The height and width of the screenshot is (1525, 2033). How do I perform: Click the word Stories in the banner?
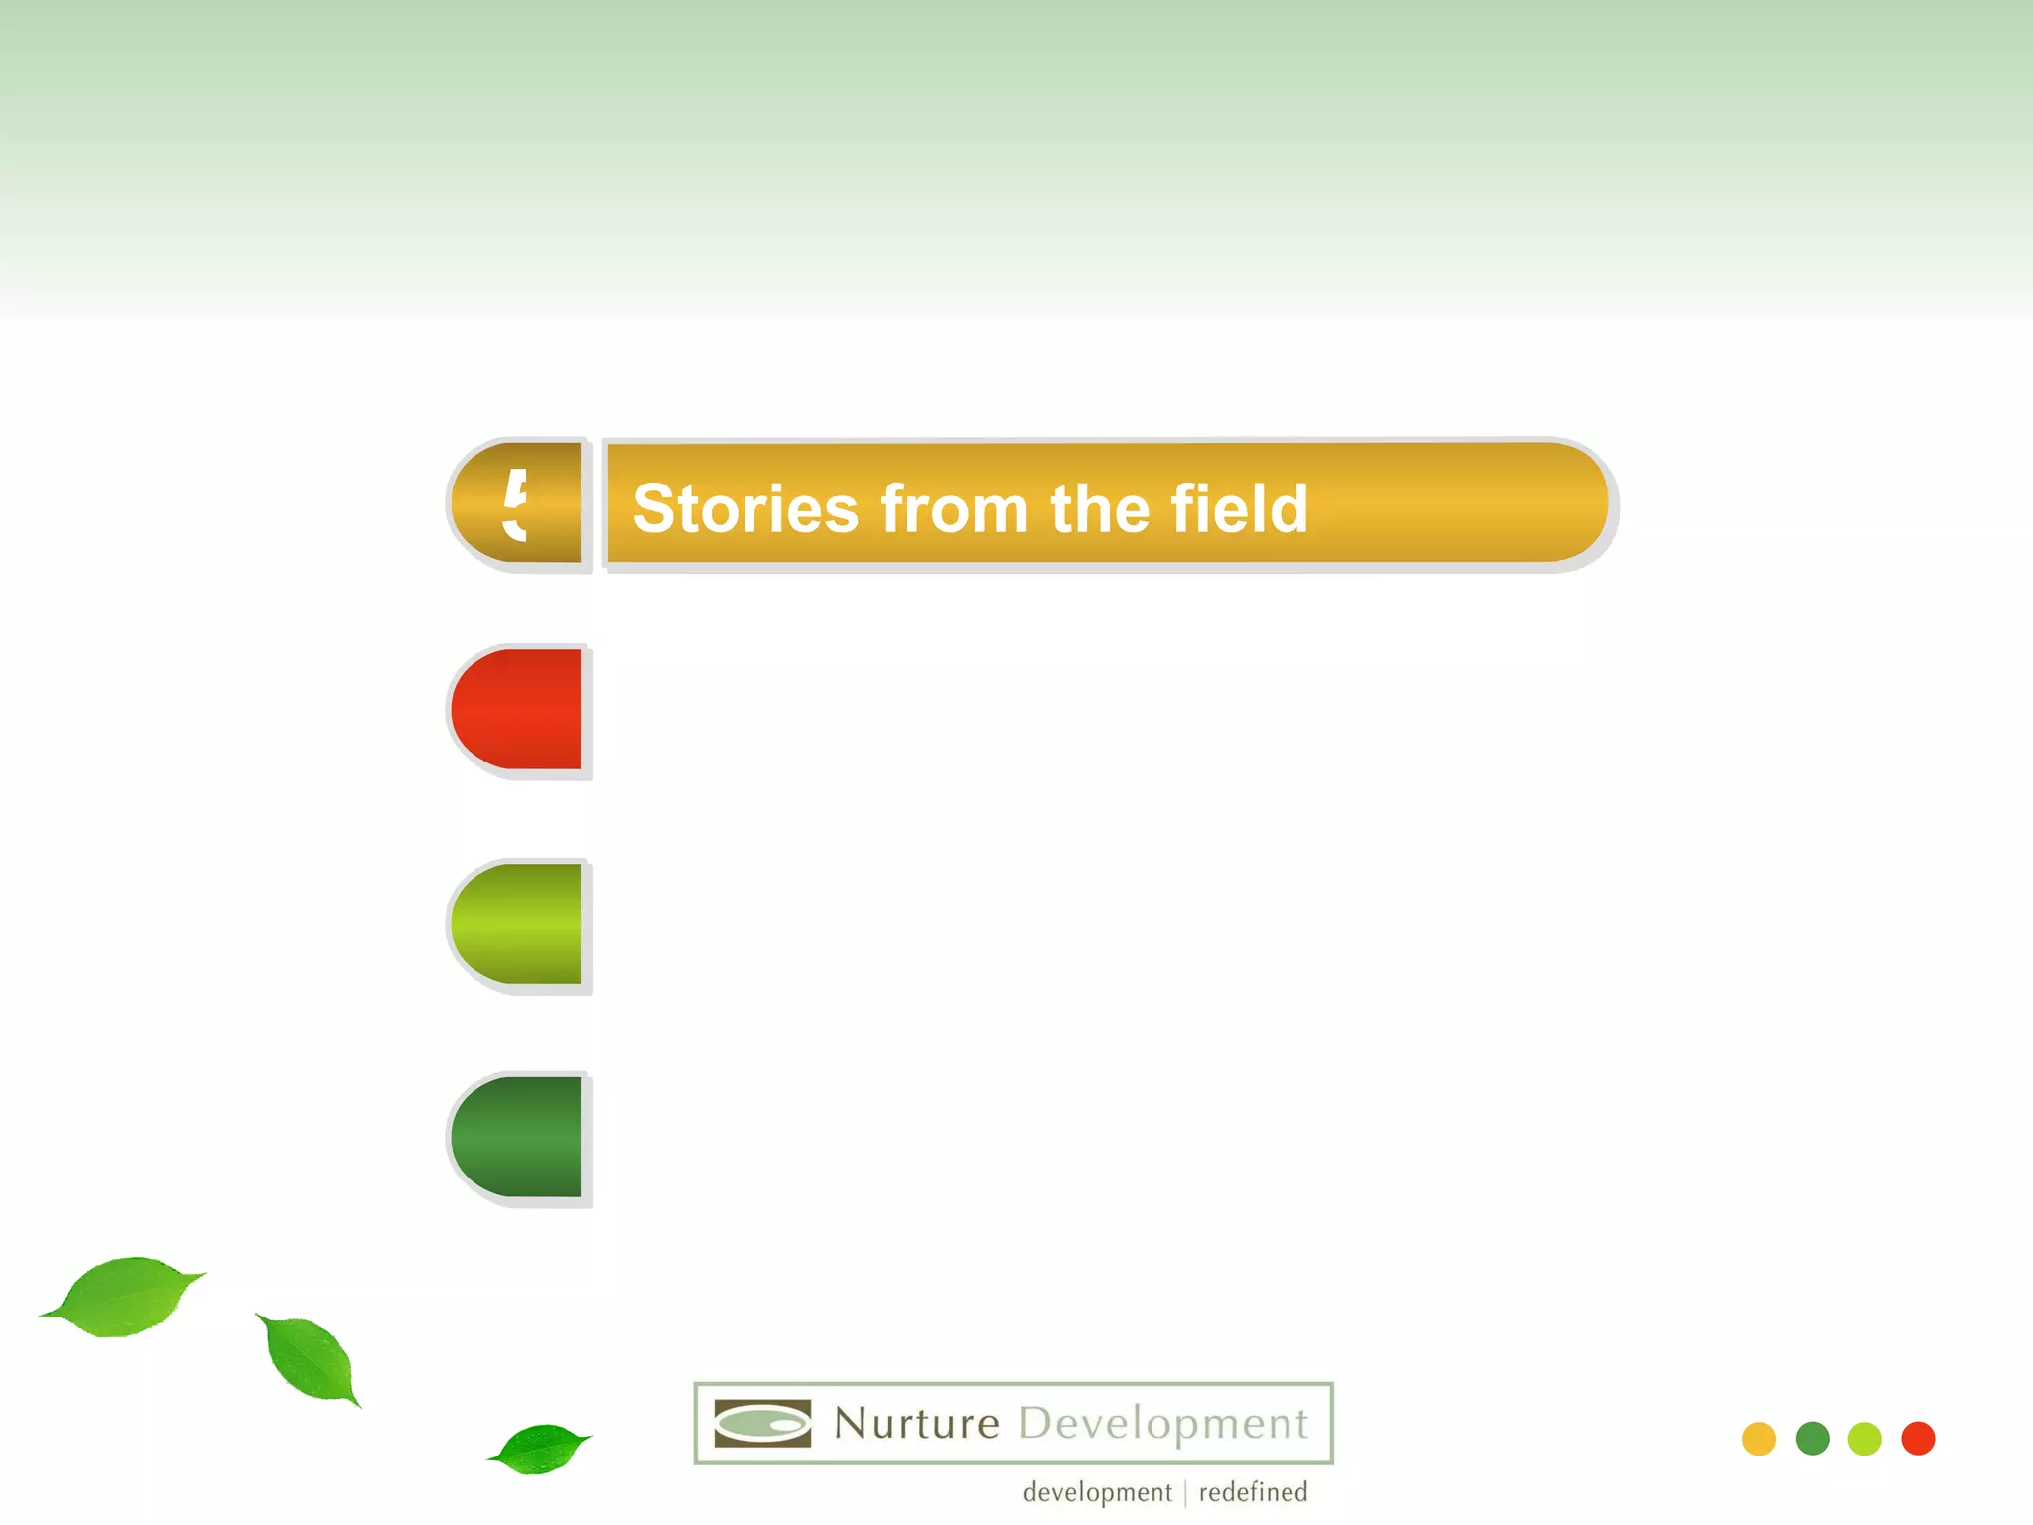point(745,509)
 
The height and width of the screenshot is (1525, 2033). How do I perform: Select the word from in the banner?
point(954,509)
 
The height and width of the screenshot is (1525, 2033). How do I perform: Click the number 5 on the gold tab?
point(515,504)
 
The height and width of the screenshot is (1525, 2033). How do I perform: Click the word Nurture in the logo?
point(916,1423)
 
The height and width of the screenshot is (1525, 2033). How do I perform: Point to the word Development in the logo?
point(1163,1424)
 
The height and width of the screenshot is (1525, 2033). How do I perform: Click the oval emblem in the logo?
point(762,1424)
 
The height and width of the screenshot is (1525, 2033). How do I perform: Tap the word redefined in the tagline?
point(1253,1492)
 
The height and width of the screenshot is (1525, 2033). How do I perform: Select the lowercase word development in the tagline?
point(1097,1492)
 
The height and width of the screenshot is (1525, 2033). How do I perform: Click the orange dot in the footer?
point(1758,1439)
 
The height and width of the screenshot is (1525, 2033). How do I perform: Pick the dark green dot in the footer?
point(1812,1439)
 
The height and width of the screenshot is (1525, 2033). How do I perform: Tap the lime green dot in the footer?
point(1864,1439)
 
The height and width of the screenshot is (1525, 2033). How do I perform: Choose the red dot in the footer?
point(1918,1439)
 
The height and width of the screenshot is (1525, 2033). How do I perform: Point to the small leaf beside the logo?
point(538,1449)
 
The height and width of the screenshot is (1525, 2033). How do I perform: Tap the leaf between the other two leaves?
point(311,1358)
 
